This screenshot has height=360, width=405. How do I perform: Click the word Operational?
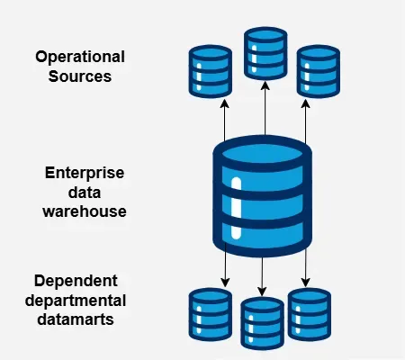coord(79,57)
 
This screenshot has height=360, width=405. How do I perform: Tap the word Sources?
coord(79,76)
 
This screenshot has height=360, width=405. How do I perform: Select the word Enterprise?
coord(85,172)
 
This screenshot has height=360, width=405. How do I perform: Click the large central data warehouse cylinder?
coord(264,195)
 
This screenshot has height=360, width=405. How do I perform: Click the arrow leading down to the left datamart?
coord(224,267)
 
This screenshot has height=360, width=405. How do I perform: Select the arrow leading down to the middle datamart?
coord(262,274)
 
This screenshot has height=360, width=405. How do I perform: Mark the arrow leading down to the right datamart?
coord(307,267)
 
